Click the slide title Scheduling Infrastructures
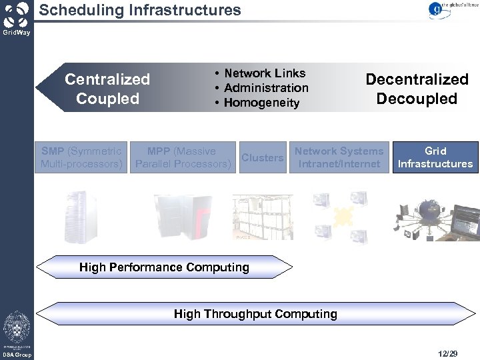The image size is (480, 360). (x=140, y=10)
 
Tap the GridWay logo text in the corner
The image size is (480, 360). (x=16, y=32)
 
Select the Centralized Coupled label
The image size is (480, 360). (x=107, y=89)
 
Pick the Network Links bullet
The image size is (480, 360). (x=264, y=73)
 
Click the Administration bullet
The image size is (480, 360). (x=266, y=88)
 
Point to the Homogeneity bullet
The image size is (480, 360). (x=261, y=103)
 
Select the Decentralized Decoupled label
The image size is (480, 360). (x=417, y=89)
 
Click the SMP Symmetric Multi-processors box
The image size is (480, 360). (x=81, y=157)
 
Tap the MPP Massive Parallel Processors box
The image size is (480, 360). (x=182, y=157)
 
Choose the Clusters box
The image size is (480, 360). (x=262, y=158)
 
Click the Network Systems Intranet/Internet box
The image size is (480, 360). (x=339, y=157)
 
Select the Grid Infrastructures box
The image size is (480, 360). (x=435, y=157)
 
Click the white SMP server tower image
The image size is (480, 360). (x=80, y=216)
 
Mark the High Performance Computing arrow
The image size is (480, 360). (x=164, y=267)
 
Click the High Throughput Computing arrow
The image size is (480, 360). (x=255, y=313)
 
